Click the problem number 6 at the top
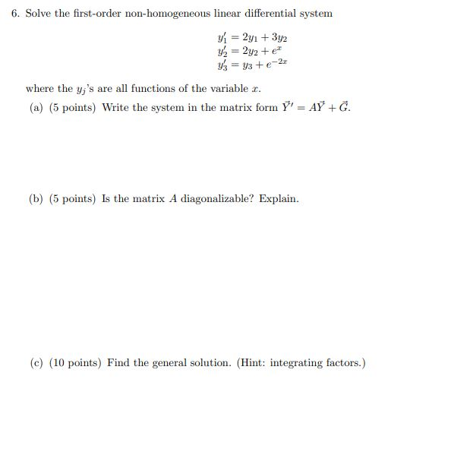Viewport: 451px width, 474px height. coord(15,14)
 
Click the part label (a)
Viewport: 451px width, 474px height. coord(36,108)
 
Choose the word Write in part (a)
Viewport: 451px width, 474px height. coord(115,108)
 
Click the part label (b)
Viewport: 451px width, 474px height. coord(36,199)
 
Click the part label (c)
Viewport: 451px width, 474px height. coord(36,363)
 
